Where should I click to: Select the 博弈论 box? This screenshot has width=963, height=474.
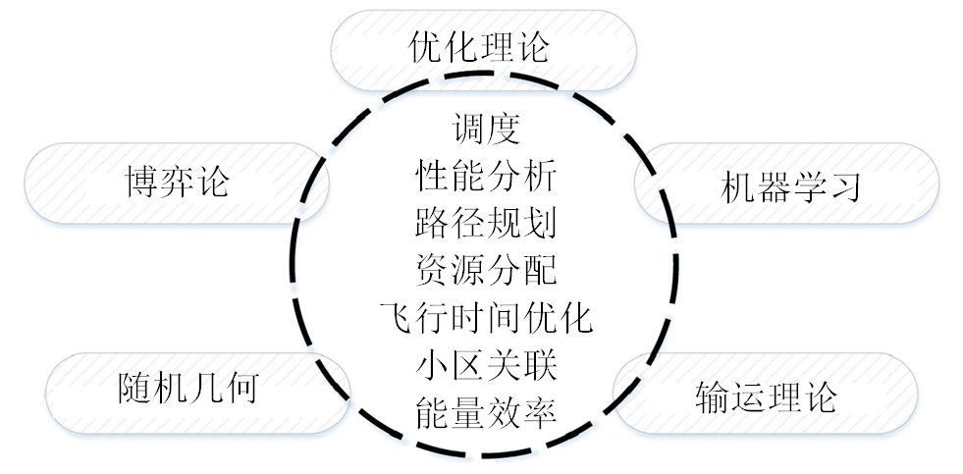click(177, 182)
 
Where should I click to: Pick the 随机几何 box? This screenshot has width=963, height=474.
click(187, 388)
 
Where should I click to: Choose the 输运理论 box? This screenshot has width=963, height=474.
click(765, 395)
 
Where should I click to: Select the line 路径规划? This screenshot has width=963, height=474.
click(485, 223)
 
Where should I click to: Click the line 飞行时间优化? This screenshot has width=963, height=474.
click(485, 318)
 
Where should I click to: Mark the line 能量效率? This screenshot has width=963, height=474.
click(485, 412)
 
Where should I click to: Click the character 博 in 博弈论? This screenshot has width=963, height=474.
click(141, 182)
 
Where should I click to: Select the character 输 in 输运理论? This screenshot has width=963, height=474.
click(712, 395)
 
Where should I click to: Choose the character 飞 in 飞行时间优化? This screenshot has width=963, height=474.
click(396, 318)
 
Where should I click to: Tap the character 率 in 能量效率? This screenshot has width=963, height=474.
click(541, 412)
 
